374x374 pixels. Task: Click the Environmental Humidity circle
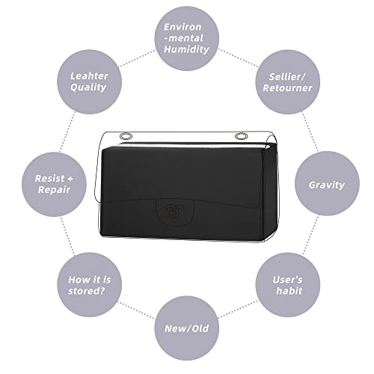187,39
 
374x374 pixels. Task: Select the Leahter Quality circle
89,82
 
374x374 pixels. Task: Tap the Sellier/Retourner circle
288,82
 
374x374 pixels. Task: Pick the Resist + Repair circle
54,184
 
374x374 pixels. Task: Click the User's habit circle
288,285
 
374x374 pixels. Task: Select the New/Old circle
187,328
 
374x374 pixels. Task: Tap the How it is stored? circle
89,285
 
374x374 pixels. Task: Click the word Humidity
186,49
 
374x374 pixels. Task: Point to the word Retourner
287,88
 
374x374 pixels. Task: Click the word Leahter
89,76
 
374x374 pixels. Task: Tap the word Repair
54,190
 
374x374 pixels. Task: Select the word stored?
86,291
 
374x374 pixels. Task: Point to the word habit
289,291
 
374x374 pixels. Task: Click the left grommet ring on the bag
126,136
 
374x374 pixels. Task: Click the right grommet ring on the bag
241,136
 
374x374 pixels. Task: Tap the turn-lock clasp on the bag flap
175,212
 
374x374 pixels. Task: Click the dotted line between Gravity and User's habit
310,235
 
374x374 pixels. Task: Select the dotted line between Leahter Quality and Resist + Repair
67,132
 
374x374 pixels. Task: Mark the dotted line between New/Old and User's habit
238,309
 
